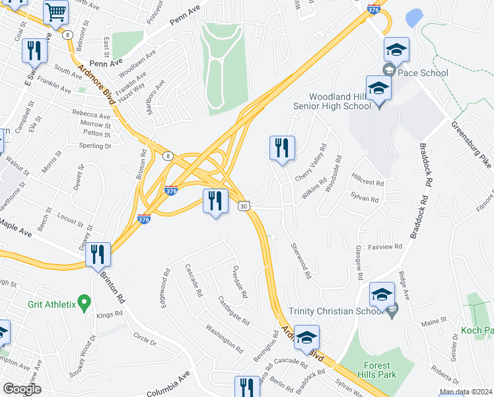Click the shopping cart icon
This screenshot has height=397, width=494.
[x=56, y=11]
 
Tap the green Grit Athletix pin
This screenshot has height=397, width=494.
[x=84, y=304]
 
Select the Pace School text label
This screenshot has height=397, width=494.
[x=423, y=73]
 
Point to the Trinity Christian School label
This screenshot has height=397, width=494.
[x=337, y=312]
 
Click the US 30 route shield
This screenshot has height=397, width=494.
[x=244, y=206]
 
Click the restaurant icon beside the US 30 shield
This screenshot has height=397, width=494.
[x=215, y=201]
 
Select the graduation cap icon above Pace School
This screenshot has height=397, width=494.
[x=396, y=49]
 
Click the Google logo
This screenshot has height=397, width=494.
[x=22, y=388]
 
